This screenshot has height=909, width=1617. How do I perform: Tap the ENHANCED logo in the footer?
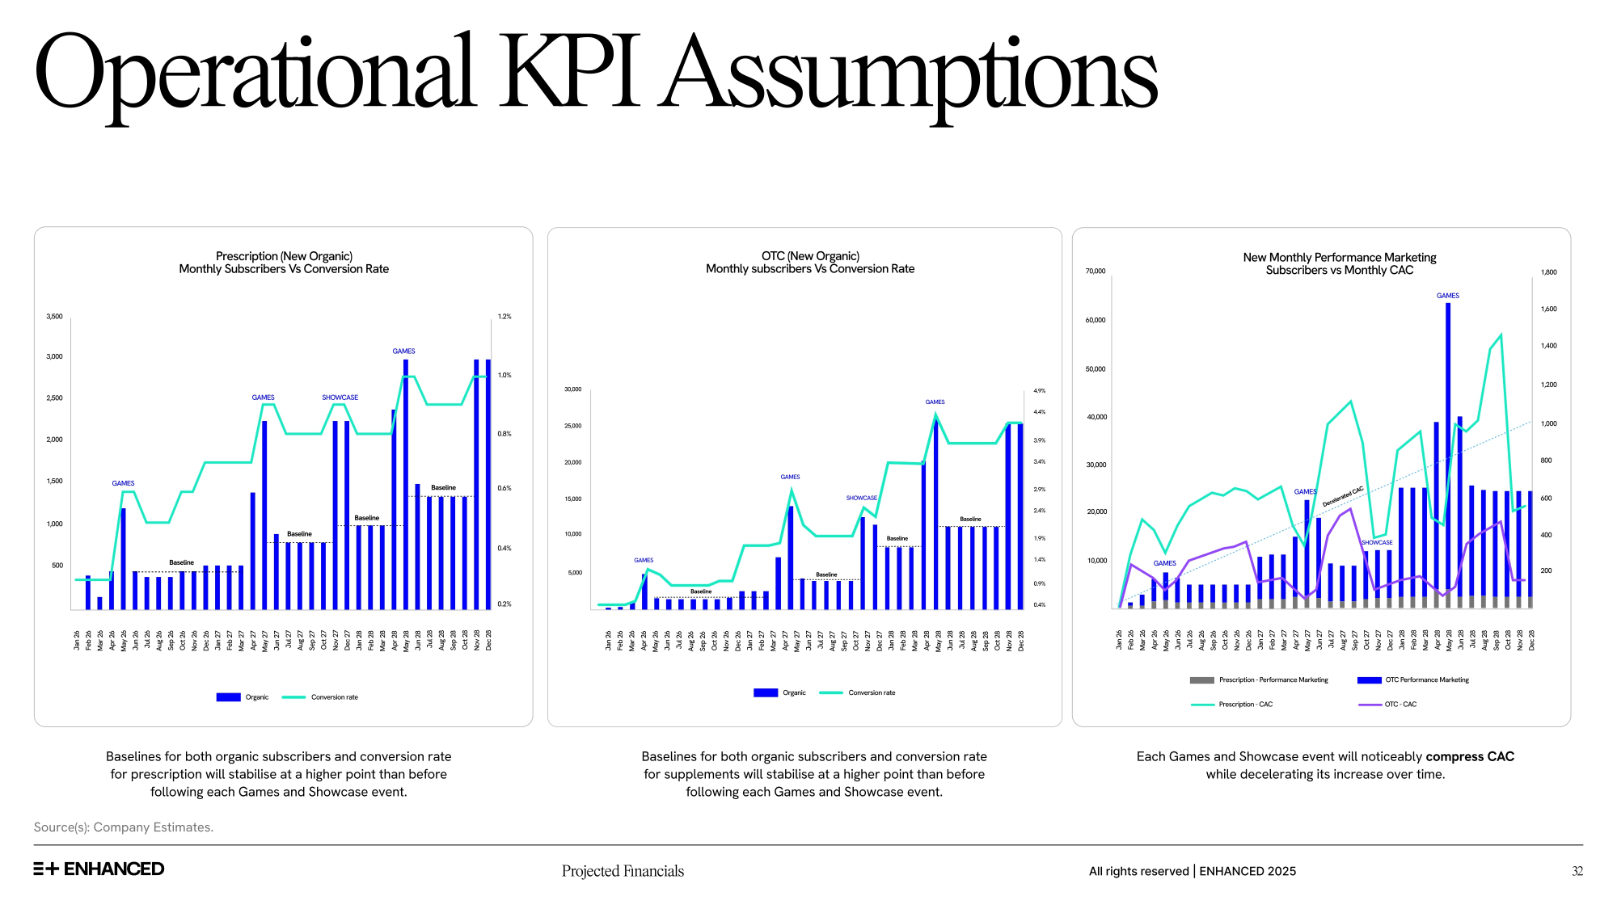[99, 869]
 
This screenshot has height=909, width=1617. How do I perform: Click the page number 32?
[1577, 871]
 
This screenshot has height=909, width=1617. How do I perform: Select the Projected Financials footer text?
[623, 871]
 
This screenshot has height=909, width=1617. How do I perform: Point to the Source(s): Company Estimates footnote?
[124, 827]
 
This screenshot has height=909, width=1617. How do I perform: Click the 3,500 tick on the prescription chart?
[54, 317]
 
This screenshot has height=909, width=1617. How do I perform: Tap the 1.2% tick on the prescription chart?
[505, 317]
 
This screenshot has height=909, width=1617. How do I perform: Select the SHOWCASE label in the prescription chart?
[340, 398]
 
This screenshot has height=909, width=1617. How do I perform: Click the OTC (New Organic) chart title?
[810, 256]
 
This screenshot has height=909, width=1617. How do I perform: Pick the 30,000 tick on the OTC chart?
[572, 389]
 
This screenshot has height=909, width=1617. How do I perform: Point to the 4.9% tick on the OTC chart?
[1040, 391]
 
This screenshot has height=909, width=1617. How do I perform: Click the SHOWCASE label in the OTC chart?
[861, 498]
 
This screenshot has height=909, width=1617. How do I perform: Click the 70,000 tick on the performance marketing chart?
[1096, 271]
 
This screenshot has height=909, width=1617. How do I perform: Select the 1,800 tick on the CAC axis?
[1548, 272]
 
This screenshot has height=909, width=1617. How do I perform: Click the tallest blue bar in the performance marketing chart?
[1448, 452]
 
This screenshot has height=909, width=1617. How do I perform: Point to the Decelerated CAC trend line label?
[1343, 496]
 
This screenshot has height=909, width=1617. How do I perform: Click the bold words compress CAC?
[1470, 756]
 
